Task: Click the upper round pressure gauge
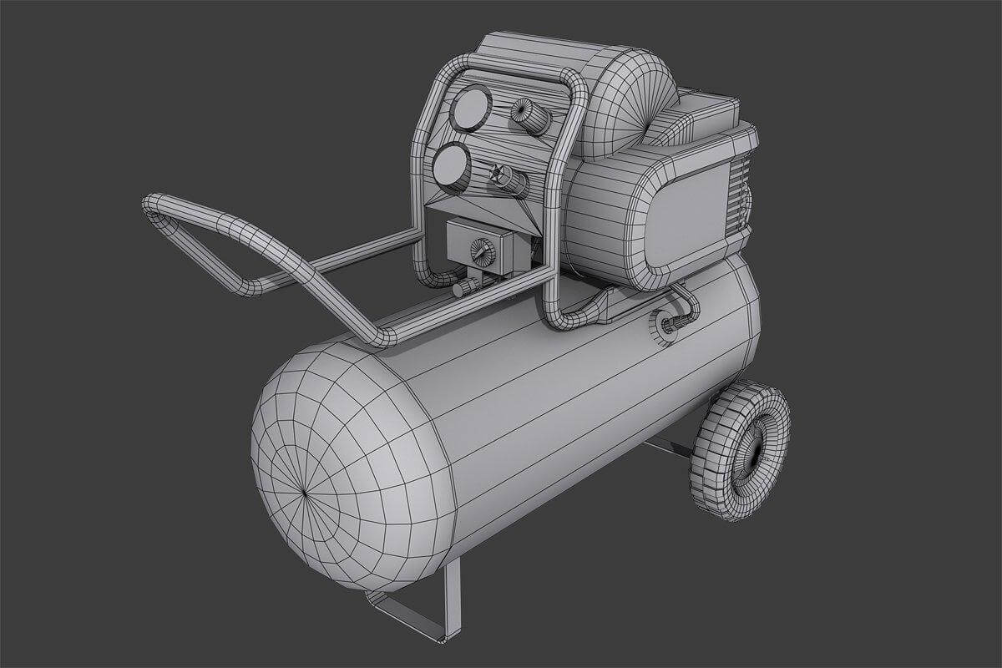pos(470,109)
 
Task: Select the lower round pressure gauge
pos(451,166)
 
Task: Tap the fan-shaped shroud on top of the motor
pos(630,104)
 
